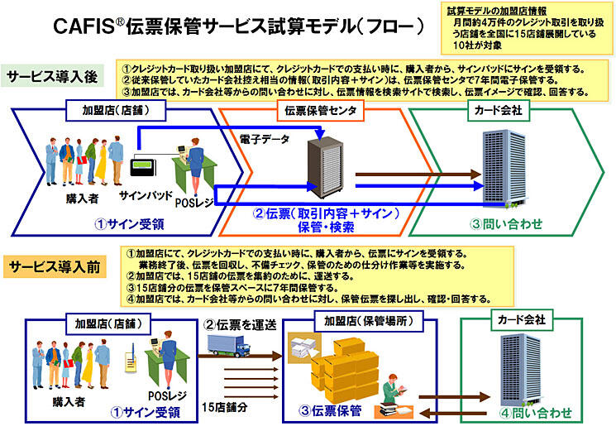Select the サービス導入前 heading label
(x=55, y=266)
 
